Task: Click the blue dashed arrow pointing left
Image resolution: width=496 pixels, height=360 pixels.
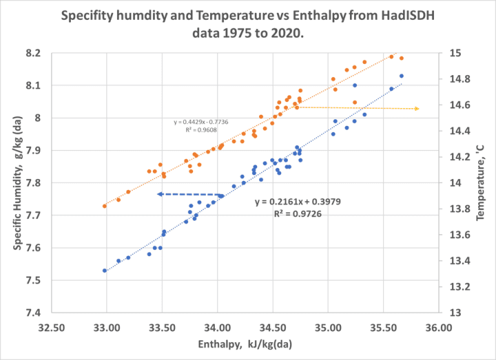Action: click(x=191, y=195)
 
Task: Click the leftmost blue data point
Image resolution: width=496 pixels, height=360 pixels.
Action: click(x=105, y=271)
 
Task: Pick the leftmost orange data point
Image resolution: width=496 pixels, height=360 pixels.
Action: click(x=105, y=206)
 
